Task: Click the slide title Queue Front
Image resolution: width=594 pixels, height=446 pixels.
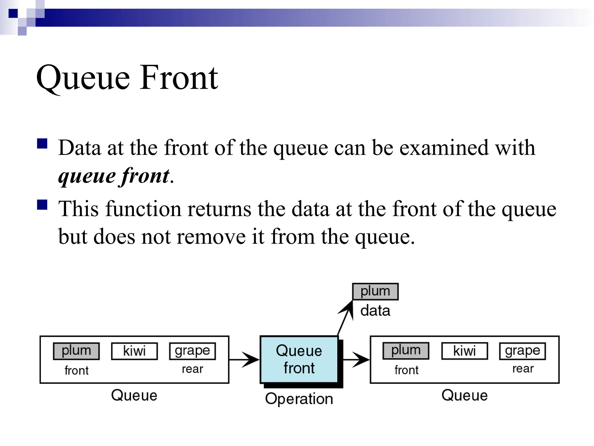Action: click(x=127, y=78)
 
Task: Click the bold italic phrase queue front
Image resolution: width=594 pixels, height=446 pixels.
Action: click(x=114, y=176)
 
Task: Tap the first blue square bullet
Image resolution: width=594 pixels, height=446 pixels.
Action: click(x=42, y=144)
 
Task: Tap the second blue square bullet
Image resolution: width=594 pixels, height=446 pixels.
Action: click(x=42, y=204)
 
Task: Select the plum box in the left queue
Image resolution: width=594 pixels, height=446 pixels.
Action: click(x=76, y=351)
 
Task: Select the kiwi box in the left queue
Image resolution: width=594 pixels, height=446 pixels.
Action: click(x=134, y=351)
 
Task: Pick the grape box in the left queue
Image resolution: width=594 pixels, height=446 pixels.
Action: click(x=192, y=351)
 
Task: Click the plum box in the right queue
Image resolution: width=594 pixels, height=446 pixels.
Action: click(x=406, y=351)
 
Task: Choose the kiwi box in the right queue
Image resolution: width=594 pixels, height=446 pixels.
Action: click(x=464, y=351)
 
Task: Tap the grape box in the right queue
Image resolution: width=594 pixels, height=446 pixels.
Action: click(x=522, y=351)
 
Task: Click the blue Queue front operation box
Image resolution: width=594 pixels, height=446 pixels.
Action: click(x=299, y=359)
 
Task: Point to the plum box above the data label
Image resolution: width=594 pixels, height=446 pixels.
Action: click(x=375, y=292)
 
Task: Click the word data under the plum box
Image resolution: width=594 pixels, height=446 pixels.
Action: click(x=375, y=311)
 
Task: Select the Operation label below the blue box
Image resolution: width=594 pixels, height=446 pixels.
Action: click(x=299, y=399)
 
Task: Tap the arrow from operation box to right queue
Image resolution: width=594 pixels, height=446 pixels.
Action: click(x=356, y=360)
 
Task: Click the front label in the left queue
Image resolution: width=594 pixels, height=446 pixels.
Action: click(x=76, y=371)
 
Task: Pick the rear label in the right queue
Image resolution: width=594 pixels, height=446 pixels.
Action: click(x=523, y=368)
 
